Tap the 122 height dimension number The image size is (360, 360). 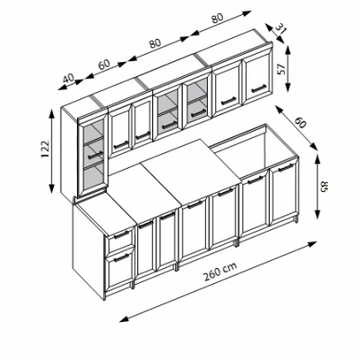coord(45,149)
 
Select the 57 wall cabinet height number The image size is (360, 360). coord(281,70)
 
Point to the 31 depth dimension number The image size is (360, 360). coord(281,30)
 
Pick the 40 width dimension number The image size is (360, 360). coord(69,78)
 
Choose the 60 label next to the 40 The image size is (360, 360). coord(104,64)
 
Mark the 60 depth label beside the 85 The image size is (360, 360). coord(301,122)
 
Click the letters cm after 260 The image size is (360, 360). coord(229,267)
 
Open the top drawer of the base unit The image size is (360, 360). coord(121,239)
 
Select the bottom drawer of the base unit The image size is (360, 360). coord(120,270)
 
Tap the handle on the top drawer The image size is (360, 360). coord(122,234)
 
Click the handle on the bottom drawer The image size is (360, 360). coord(122,258)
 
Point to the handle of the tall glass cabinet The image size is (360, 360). coord(96,154)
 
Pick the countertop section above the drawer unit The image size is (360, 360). coord(105,210)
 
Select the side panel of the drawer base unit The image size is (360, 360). coord(89,248)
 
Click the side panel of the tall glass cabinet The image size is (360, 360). coord(70,151)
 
